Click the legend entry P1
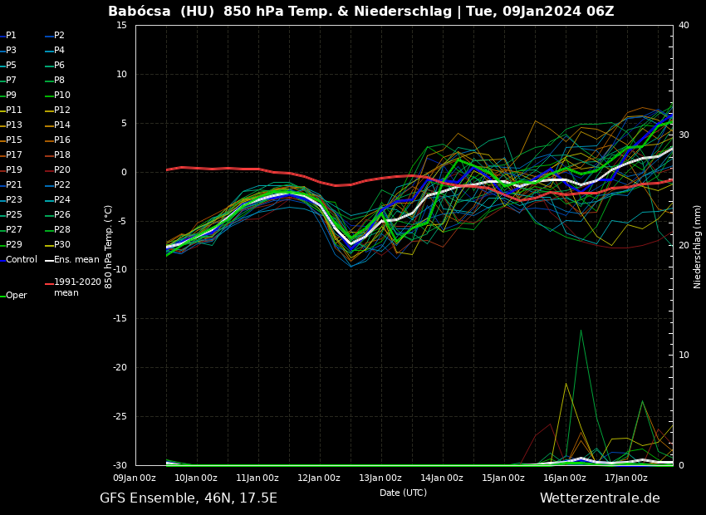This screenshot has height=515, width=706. pyautogui.click(x=11, y=36)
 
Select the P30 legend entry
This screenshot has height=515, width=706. pyautogui.click(x=61, y=245)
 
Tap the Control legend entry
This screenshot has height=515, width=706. pyautogui.click(x=21, y=260)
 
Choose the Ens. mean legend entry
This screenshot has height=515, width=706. pyautogui.click(x=76, y=260)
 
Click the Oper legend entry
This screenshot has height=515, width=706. pyautogui.click(x=16, y=296)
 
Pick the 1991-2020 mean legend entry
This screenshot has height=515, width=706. pyautogui.click(x=77, y=287)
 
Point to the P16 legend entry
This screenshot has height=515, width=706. pyautogui.click(x=61, y=140)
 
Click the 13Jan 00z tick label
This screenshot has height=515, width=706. pyautogui.click(x=380, y=478)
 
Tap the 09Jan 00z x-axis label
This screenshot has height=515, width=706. pyautogui.click(x=135, y=478)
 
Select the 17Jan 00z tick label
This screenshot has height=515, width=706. pyautogui.click(x=626, y=478)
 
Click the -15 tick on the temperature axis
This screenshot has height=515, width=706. pyautogui.click(x=121, y=318)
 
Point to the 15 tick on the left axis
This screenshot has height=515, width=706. pyautogui.click(x=121, y=25)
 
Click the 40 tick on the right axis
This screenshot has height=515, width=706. pyautogui.click(x=684, y=25)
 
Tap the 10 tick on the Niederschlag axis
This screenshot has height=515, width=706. pyautogui.click(x=684, y=355)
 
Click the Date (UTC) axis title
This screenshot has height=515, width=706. pyautogui.click(x=403, y=493)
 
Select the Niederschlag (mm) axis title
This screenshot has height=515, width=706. pyautogui.click(x=698, y=246)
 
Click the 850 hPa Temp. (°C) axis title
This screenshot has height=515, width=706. pyautogui.click(x=109, y=246)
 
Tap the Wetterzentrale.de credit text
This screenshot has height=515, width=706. pyautogui.click(x=600, y=498)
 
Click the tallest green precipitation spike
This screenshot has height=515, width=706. pyautogui.click(x=581, y=331)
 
